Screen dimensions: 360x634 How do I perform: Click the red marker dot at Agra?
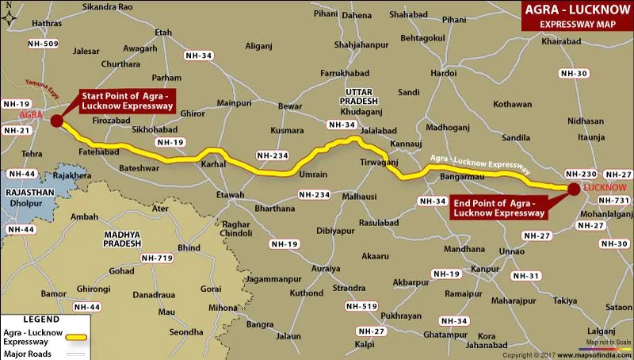coord(55,121)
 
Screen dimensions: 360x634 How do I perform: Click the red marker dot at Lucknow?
coord(572,188)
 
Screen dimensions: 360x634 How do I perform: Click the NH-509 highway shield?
coord(42,44)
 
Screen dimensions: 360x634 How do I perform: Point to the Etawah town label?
coord(230,193)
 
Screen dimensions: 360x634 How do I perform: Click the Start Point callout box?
coord(127,101)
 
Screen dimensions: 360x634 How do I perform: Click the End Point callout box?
coord(498,208)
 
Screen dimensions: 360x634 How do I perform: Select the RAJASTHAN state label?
coord(29,192)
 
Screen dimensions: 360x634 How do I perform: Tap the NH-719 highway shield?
coord(156,259)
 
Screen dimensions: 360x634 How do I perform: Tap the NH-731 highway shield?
coord(614,201)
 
